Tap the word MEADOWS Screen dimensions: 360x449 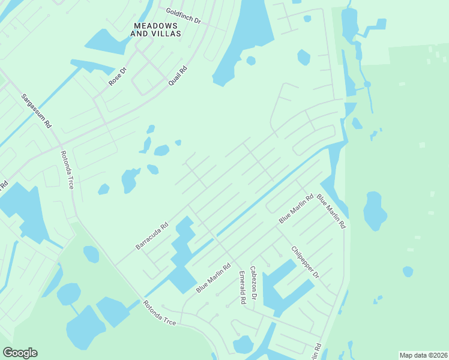(155, 26)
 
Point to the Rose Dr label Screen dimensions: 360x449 (118, 77)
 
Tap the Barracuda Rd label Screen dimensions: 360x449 (151, 237)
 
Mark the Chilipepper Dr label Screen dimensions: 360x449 (305, 262)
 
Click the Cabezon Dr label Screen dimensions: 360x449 (253, 283)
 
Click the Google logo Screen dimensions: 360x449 (20, 353)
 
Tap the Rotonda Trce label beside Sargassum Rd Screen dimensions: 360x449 (67, 170)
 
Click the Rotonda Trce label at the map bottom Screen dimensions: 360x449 (160, 313)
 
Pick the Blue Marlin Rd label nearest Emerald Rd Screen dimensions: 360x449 (213, 279)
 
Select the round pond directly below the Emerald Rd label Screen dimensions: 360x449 (243, 344)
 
